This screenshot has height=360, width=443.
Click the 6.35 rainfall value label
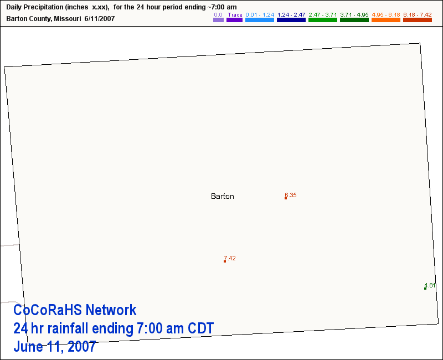coord(291,195)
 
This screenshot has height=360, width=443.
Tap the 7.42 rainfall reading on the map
coord(230,258)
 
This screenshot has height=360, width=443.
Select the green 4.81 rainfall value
coord(430,285)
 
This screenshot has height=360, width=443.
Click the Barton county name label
coord(223,196)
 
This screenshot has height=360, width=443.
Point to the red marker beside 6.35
coord(286,198)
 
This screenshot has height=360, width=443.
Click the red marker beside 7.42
coord(225,261)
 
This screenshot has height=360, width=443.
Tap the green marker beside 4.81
coord(425,289)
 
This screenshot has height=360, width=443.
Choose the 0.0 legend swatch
coord(218,20)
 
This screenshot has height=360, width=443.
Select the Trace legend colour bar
coord(234,20)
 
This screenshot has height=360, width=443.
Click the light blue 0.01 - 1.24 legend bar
coord(260,20)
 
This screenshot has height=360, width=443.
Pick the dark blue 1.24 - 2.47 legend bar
coord(291,20)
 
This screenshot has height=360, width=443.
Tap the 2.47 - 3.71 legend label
coord(323,15)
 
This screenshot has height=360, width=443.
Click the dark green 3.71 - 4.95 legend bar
coord(354,20)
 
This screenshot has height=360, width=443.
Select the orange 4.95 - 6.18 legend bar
coord(386,20)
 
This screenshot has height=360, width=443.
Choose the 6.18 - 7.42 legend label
coord(418,15)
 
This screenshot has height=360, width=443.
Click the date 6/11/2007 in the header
coord(100,19)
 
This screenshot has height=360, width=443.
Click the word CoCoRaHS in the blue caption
coord(48,310)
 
